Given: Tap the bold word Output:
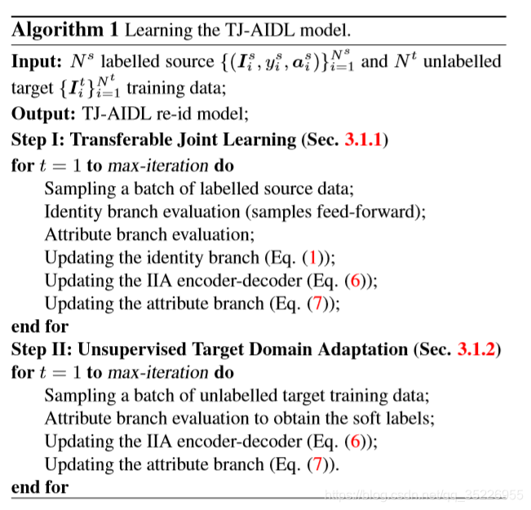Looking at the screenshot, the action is [x=43, y=113].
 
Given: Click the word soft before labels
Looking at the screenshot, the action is [x=362, y=419].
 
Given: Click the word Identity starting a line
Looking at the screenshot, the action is [x=72, y=211].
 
